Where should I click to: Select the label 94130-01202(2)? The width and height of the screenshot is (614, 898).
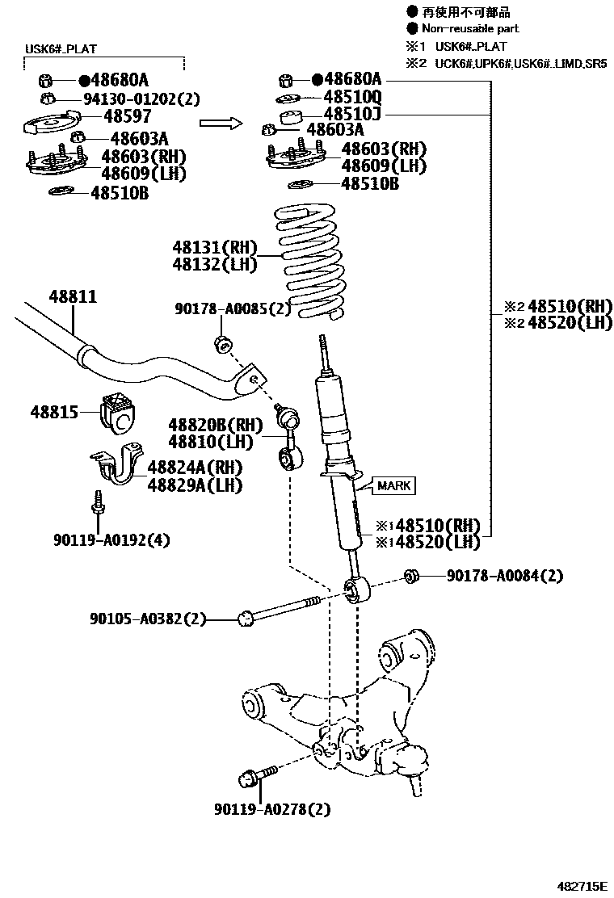[141, 99]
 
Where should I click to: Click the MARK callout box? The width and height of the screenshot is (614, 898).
[393, 485]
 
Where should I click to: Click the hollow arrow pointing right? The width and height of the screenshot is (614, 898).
[221, 123]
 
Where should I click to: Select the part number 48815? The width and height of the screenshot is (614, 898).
[54, 412]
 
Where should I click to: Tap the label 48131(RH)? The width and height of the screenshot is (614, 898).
[213, 247]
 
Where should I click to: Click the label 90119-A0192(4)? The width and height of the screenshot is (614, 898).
[112, 539]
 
